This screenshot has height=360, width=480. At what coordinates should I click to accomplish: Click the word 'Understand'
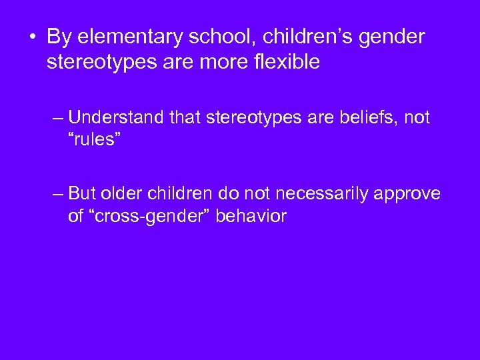pyautogui.click(x=115, y=118)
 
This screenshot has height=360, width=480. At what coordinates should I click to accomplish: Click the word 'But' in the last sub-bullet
pyautogui.click(x=83, y=193)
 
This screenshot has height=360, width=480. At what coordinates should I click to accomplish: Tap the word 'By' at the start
pyautogui.click(x=57, y=37)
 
